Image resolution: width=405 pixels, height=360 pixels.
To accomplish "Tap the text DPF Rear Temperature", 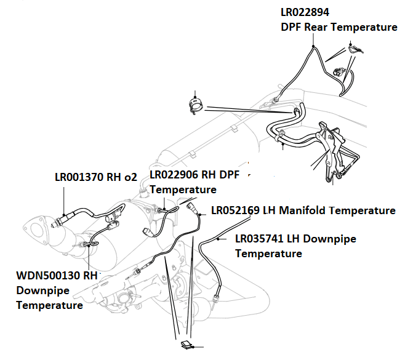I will point(339,28).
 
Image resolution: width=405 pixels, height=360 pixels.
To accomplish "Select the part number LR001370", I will point(77,177).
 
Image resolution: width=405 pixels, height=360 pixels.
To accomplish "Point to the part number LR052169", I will point(235,211).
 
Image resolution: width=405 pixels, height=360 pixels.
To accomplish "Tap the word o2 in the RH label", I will point(130,177).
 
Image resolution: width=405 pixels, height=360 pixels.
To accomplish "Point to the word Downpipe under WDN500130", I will point(42,290).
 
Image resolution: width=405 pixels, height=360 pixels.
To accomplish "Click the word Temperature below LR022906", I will point(183,190).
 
